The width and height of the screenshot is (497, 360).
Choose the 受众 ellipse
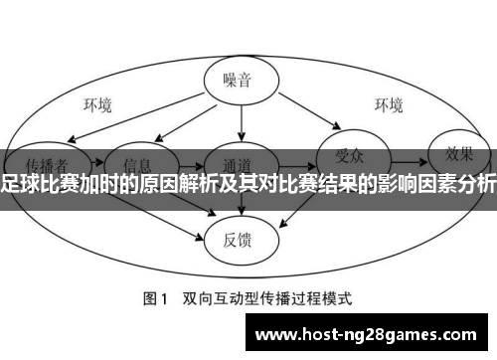(349, 154)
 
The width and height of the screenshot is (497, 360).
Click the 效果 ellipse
(458, 154)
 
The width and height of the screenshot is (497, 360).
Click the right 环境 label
(388, 103)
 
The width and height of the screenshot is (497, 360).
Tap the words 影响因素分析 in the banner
(438, 184)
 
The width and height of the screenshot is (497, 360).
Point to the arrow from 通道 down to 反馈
(242, 204)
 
